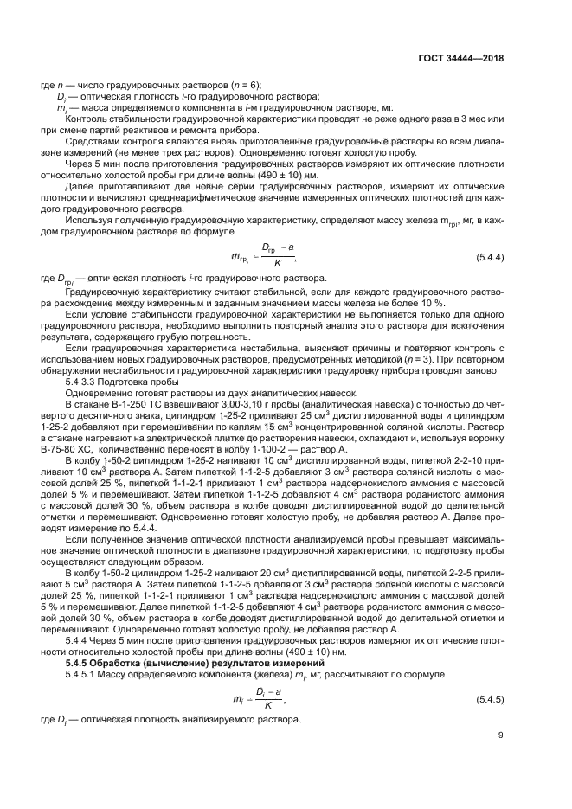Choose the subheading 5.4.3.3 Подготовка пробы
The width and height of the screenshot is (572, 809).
[x=125, y=382]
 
